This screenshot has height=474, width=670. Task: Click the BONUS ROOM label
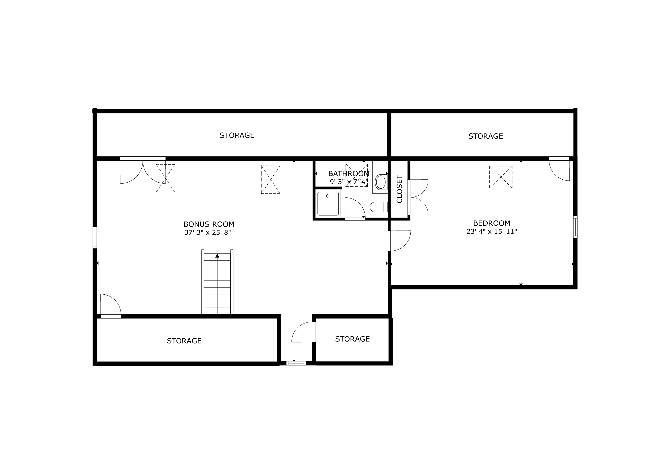pyautogui.click(x=209, y=224)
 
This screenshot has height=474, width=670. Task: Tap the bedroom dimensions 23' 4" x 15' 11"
pyautogui.click(x=492, y=231)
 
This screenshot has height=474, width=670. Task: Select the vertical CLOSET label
pyautogui.click(x=400, y=189)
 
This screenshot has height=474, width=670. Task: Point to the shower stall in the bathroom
pyautogui.click(x=328, y=203)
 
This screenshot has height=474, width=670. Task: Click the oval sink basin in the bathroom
pyautogui.click(x=381, y=182)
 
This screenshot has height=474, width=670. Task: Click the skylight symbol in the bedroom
pyautogui.click(x=501, y=177)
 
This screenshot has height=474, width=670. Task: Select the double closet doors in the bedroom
pyautogui.click(x=418, y=197)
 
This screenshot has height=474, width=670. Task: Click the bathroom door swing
pyautogui.click(x=355, y=208)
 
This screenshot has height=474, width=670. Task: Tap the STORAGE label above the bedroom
pyautogui.click(x=486, y=136)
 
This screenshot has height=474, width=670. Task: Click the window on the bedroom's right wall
pyautogui.click(x=575, y=227)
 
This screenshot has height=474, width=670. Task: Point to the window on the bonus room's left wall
pyautogui.click(x=95, y=238)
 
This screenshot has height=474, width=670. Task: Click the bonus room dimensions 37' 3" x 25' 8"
pyautogui.click(x=208, y=233)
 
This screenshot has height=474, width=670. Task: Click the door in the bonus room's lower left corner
pyautogui.click(x=111, y=306)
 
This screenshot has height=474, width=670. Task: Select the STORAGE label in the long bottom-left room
pyautogui.click(x=184, y=341)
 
